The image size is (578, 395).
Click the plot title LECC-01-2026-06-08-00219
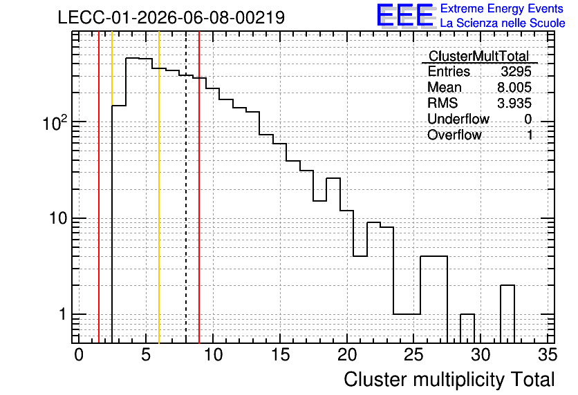pyautogui.click(x=171, y=17)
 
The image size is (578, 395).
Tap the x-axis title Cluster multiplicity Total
pyautogui.click(x=449, y=380)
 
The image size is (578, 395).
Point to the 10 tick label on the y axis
pyautogui.click(x=59, y=218)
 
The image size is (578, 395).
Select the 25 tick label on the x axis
pyautogui.click(x=413, y=355)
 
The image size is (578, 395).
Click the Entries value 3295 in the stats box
pyautogui.click(x=516, y=71)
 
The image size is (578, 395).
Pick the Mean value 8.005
pyautogui.click(x=514, y=87)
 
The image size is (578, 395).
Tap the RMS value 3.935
pyautogui.click(x=514, y=103)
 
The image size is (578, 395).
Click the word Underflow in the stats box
pyautogui.click(x=458, y=119)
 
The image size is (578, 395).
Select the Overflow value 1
pyautogui.click(x=530, y=135)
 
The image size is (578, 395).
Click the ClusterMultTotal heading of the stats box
pyautogui.click(x=479, y=56)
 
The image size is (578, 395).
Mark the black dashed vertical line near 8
pyautogui.click(x=186, y=187)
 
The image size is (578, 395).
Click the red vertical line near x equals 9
pyautogui.click(x=199, y=187)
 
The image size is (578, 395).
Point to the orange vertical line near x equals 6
pyautogui.click(x=159, y=187)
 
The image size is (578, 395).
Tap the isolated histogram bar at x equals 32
pyautogui.click(x=507, y=314)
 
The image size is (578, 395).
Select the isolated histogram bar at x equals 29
pyautogui.click(x=467, y=329)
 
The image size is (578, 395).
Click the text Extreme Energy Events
pyautogui.click(x=502, y=8)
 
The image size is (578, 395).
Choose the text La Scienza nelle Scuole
pyautogui.click(x=503, y=23)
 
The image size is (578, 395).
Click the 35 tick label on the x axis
pyautogui.click(x=548, y=355)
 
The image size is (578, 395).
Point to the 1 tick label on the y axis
pyautogui.click(x=62, y=314)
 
